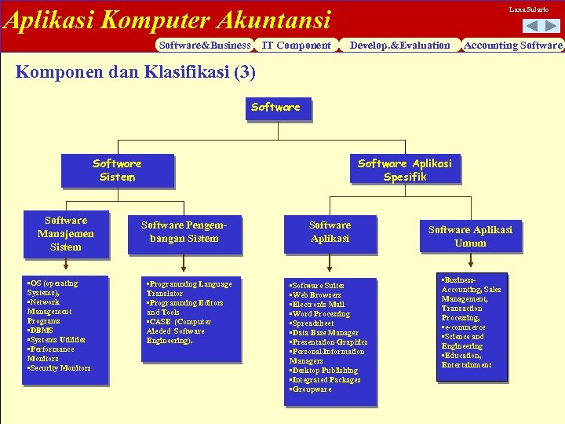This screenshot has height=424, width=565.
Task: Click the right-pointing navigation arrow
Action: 552,26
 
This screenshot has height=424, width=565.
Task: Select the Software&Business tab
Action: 204,46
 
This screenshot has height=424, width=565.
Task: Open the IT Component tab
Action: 296,46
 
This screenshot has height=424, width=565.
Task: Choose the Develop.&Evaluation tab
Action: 400,46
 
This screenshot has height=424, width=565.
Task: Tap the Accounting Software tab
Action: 513,46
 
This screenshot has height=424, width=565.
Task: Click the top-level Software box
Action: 275,108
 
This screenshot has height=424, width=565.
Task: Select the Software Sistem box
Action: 117,170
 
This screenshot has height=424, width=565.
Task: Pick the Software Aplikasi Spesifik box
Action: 405,170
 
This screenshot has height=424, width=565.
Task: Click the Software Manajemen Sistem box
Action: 66,234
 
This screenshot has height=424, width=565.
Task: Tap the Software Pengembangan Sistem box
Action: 184,232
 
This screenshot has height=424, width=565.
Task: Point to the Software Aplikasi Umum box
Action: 470,236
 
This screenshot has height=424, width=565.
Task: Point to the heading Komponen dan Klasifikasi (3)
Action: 136,72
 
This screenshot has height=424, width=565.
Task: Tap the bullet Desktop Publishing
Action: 324,371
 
